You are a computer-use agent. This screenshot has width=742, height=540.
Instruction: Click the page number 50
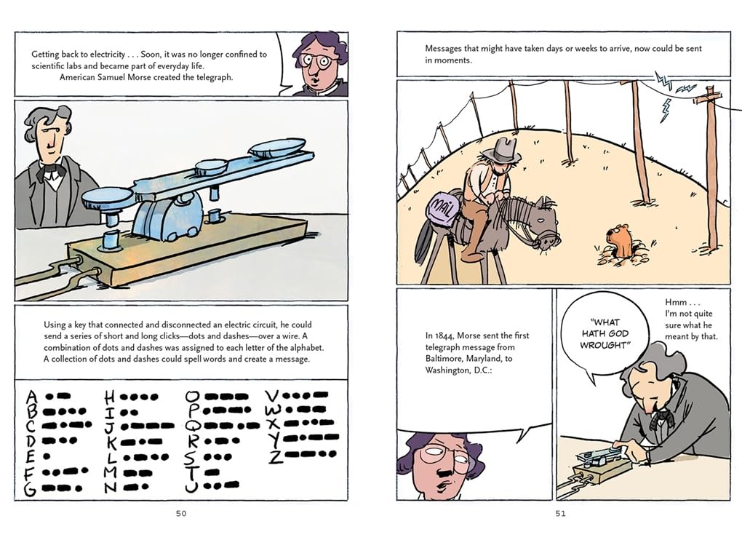click(181, 514)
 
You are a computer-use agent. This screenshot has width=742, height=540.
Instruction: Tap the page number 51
click(561, 514)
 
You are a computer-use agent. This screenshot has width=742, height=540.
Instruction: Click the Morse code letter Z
click(276, 456)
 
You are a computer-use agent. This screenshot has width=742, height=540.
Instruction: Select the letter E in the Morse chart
click(31, 457)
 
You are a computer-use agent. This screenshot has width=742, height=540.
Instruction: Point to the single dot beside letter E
click(47, 457)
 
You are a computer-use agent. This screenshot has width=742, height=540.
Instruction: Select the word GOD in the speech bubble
click(617, 333)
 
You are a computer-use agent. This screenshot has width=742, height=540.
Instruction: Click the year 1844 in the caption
click(445, 335)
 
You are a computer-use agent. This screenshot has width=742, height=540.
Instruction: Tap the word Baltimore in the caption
click(444, 359)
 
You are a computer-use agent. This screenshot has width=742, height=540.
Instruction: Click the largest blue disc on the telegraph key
click(277, 148)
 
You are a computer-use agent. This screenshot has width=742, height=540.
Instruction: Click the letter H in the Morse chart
click(109, 396)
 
